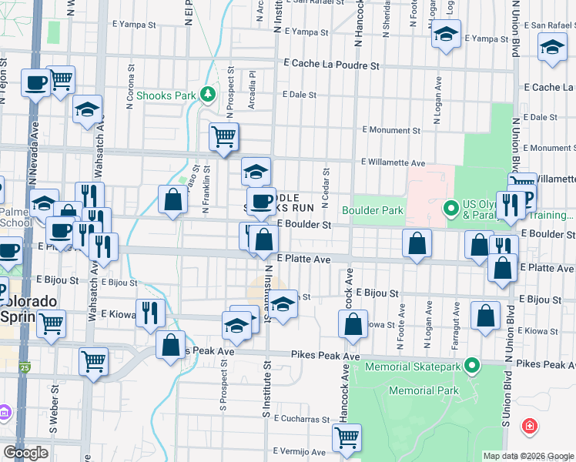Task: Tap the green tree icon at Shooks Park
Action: (x=207, y=94)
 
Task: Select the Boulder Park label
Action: (x=373, y=209)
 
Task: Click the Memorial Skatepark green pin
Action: (x=473, y=365)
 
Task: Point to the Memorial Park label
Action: (x=417, y=391)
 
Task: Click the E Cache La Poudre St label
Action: (x=331, y=65)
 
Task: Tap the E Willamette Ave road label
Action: (x=393, y=162)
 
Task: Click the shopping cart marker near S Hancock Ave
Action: (x=347, y=437)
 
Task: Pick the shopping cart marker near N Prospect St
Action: (x=224, y=137)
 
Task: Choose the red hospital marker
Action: (x=530, y=426)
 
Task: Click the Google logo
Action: (x=25, y=453)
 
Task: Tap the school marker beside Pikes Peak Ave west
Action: (x=236, y=325)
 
